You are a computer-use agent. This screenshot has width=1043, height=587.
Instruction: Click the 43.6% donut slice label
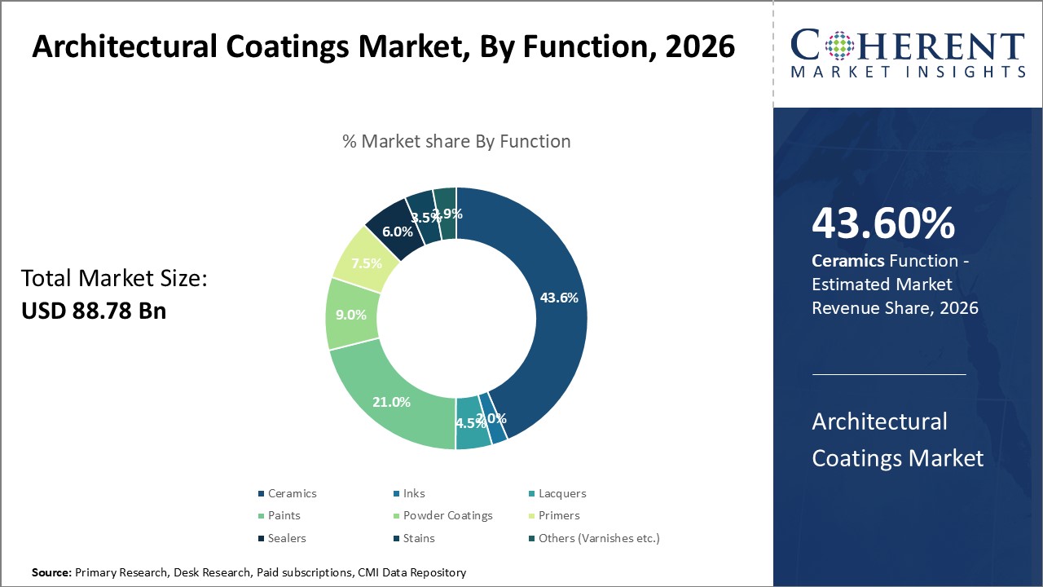pos(559,298)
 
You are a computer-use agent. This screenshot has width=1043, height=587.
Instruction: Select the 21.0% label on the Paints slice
pos(390,402)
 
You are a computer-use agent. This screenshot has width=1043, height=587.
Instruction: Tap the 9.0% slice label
pos(351,315)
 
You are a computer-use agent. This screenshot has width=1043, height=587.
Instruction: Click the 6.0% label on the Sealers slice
pos(398,232)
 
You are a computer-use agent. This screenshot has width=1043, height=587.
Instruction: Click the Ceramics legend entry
pos(287,493)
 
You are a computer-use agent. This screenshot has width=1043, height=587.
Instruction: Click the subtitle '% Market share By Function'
pos(456,141)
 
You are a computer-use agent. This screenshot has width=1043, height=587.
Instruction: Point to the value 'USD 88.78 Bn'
pos(94,311)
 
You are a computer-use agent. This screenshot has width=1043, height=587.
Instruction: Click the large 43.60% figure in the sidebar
pos(883,224)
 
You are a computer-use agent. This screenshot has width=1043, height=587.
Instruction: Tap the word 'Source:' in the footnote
pos(51,573)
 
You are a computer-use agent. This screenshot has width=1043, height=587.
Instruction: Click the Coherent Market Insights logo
pos(907,54)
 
